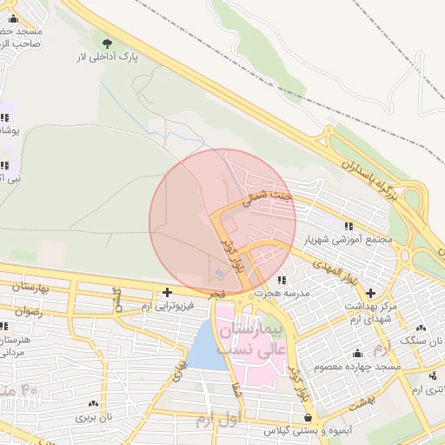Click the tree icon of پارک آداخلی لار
point(108,42)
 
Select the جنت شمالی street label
point(273,199)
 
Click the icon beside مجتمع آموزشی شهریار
point(349,226)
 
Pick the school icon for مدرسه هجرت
point(282,280)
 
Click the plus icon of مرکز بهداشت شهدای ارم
point(371,293)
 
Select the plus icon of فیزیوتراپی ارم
point(167,292)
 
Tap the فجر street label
point(217,296)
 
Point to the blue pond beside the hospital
point(204,348)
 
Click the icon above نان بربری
point(93,403)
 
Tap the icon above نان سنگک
point(421,328)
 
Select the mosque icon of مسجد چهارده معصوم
point(357,353)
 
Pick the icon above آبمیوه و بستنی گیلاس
point(309,418)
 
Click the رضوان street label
point(28,310)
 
